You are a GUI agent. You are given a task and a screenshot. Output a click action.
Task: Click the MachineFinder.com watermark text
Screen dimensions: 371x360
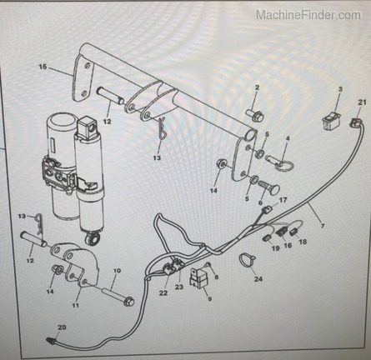[x=308, y=15]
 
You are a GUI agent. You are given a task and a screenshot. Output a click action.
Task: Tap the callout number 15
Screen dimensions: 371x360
[x=43, y=67]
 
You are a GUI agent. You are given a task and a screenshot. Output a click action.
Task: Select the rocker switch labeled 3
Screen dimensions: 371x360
[x=330, y=120]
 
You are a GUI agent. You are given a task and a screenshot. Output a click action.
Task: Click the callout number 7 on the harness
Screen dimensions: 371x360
[x=323, y=226]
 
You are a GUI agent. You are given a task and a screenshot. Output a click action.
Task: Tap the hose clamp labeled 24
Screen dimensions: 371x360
[x=248, y=261]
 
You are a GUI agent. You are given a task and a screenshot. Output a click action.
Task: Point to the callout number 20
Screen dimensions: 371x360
[x=62, y=327]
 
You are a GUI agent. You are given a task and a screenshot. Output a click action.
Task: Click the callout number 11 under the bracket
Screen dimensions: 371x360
[x=76, y=305]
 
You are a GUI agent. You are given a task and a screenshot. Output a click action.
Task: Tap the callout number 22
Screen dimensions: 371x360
[x=163, y=292]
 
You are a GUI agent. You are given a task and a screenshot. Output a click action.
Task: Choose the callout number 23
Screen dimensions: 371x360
[x=179, y=287]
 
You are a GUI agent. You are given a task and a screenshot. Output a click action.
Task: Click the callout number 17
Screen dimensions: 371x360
[x=283, y=200]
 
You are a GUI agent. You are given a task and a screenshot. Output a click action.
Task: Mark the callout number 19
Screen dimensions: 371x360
[x=275, y=248]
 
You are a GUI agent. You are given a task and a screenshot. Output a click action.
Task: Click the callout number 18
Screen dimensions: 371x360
[x=303, y=242]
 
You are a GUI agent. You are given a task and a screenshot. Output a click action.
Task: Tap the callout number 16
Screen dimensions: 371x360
[x=288, y=246]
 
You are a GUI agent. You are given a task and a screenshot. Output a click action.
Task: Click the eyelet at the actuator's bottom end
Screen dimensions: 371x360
[x=93, y=239]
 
